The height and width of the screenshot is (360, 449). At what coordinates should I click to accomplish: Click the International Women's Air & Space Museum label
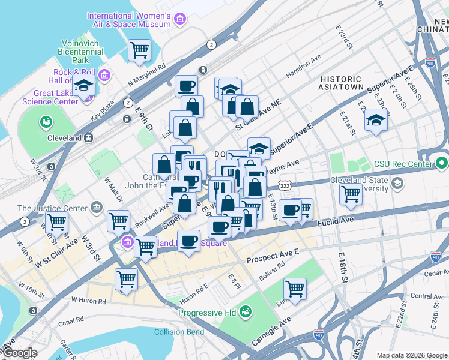click(x=129, y=20)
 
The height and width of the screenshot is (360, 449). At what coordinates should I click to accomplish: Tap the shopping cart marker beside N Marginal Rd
click(x=140, y=50)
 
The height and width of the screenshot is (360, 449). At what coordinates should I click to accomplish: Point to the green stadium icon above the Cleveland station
click(x=45, y=122)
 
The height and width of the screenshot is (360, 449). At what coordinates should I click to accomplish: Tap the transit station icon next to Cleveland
click(x=88, y=137)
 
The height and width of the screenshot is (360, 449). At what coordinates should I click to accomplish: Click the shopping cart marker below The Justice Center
click(x=56, y=221)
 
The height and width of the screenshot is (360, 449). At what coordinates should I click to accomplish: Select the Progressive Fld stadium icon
click(x=244, y=311)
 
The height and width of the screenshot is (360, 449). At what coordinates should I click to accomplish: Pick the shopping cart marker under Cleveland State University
click(x=351, y=193)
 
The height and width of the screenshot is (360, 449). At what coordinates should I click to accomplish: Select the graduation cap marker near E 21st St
click(x=376, y=120)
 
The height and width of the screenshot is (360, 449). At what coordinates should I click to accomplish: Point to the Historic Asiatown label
click(x=342, y=83)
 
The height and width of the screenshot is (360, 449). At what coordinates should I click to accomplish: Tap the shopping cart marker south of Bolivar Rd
click(x=295, y=288)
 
